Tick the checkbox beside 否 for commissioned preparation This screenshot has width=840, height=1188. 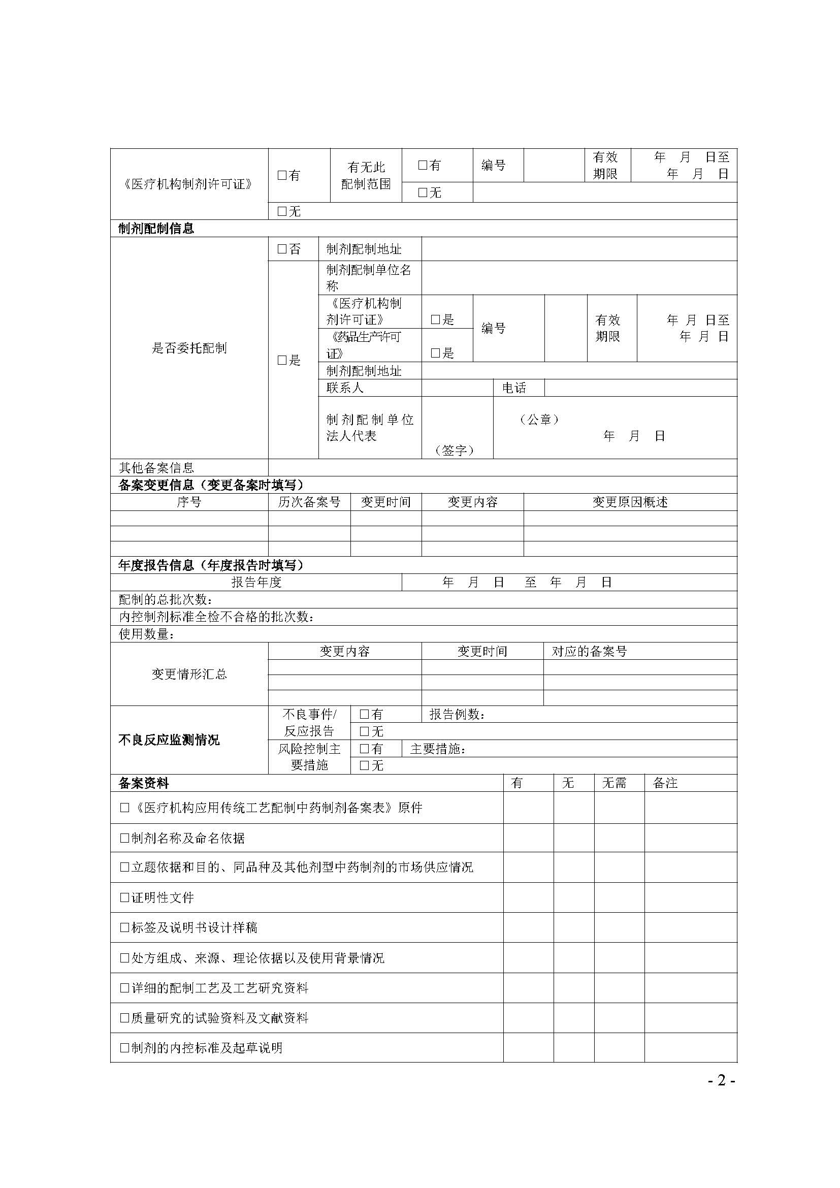[x=282, y=249]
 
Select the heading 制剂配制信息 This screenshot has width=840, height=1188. [x=156, y=229]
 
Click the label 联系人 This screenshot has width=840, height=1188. [x=345, y=388]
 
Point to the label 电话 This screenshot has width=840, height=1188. [x=513, y=388]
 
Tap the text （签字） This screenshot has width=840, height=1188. [x=455, y=451]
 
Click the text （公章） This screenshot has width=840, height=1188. [x=539, y=420]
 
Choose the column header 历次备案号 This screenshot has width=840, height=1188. [x=309, y=502]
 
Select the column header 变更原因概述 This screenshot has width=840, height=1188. [x=630, y=502]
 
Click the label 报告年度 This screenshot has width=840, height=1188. [x=256, y=583]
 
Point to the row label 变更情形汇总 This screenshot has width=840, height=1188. [x=189, y=674]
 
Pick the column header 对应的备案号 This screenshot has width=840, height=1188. [x=589, y=652]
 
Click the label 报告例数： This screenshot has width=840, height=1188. [x=457, y=715]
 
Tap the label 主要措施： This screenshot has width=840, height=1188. [x=438, y=749]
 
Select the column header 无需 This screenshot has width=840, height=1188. [x=614, y=783]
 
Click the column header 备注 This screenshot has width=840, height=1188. [x=665, y=783]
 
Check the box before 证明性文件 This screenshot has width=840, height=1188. [x=124, y=897]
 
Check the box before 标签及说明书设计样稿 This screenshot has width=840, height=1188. [x=124, y=928]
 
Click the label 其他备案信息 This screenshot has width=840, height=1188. [x=156, y=468]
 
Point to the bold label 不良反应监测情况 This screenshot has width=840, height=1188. [x=169, y=741]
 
